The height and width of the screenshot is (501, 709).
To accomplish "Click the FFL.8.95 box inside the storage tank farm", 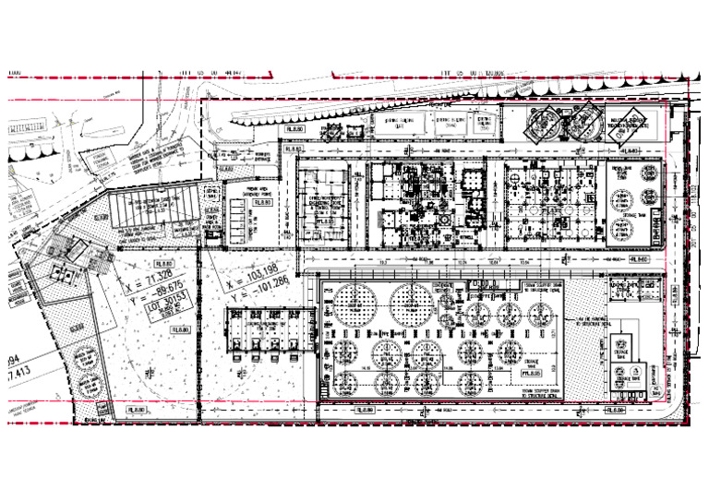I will pos(530,373).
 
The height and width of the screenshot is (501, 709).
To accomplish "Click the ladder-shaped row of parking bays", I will pos(244,221).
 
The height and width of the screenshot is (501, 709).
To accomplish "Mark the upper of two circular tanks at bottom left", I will pos(83,355).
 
